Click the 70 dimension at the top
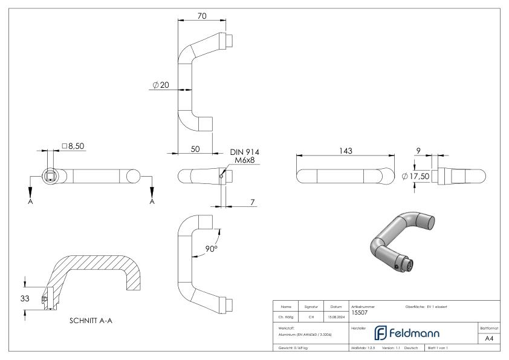202,16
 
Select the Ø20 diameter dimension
161,86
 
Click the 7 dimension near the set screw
250,202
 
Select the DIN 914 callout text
245,152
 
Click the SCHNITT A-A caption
91,321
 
